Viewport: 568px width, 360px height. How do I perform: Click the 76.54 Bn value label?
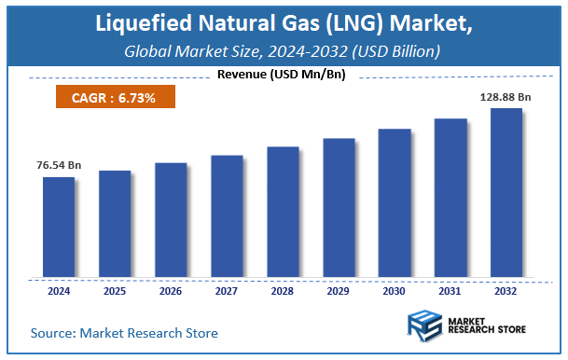59,165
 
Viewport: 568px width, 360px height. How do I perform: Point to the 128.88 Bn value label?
506,96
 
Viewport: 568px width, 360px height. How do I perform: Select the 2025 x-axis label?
115,290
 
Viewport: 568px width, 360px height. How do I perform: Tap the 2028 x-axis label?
283,290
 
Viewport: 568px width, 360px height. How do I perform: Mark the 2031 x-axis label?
450,290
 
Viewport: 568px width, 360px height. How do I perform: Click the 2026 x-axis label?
171,290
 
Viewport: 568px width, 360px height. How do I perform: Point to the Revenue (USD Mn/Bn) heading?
281,75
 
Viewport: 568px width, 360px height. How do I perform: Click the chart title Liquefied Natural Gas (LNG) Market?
284,23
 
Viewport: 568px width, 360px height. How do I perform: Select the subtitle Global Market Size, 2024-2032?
284,50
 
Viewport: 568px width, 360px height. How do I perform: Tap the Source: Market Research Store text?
124,332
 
